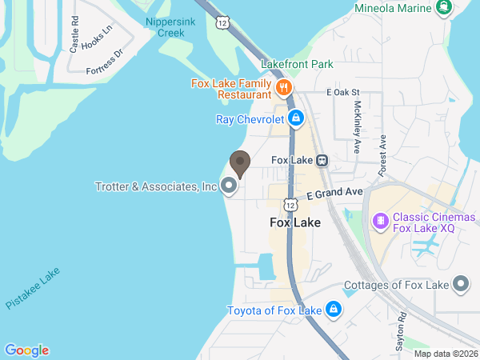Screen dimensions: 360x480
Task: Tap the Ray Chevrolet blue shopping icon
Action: coord(296,119)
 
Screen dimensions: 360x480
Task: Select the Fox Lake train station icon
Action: coord(322,160)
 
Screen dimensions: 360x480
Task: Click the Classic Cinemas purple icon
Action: coord(381,218)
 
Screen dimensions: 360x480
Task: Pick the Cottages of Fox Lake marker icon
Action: coord(461,284)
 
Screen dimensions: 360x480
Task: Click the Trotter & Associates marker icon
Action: coord(230,186)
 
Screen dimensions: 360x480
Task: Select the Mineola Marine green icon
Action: coord(442,8)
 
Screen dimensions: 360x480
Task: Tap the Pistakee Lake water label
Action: coord(33,289)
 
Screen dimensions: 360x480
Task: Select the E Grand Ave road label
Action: coord(334,194)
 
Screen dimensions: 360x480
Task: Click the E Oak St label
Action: coord(349,94)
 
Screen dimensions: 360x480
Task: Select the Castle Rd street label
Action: coord(74,35)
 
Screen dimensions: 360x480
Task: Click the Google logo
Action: coord(26,350)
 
